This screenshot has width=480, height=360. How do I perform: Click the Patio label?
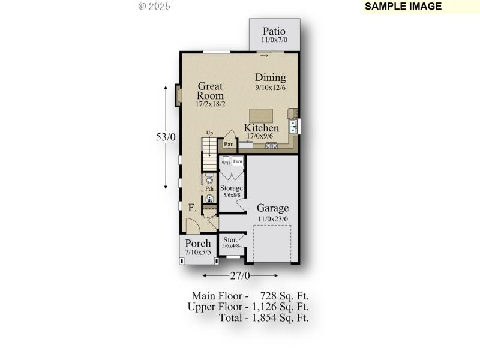(273, 31)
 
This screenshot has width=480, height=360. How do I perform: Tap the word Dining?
(271, 77)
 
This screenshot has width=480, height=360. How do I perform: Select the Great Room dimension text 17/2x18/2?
(210, 104)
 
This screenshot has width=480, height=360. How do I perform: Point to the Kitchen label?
(261, 128)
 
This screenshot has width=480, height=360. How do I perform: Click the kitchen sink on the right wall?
(294, 126)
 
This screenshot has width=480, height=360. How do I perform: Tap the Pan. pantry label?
(229, 144)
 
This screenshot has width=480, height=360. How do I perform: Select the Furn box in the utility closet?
(238, 161)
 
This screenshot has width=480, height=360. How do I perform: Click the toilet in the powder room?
(209, 179)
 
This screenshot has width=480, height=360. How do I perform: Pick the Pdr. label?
(210, 188)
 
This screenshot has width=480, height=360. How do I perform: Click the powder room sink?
(209, 199)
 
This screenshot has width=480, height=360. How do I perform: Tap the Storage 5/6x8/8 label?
(231, 191)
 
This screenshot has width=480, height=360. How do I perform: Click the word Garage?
(273, 208)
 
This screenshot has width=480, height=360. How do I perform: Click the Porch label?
(197, 243)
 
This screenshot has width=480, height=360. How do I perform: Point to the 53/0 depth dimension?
(166, 137)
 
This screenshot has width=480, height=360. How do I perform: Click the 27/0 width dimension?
(240, 275)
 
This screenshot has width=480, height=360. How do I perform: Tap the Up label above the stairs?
(209, 133)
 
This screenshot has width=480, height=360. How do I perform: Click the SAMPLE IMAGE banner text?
(403, 6)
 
